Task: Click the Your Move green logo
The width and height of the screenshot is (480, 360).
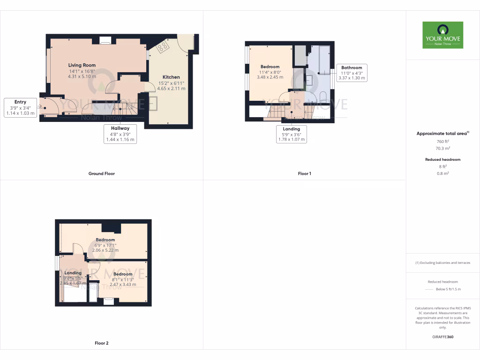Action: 442,35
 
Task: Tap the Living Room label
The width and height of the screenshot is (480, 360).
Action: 82,65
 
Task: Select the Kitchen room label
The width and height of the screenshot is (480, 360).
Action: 171,77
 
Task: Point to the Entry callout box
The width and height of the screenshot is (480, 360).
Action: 20,108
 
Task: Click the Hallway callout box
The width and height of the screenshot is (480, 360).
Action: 120,134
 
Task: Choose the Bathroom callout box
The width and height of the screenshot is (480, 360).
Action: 352,73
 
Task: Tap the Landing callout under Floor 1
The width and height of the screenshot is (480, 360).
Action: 291,134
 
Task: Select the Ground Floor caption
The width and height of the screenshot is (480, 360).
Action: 101,173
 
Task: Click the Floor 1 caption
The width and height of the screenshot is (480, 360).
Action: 304,173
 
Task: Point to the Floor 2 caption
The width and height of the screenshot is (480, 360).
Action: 101,343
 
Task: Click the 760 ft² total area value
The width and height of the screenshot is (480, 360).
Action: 443,142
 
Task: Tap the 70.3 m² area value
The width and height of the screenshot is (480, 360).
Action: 443,148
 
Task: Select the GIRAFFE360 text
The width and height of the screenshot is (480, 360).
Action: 443,337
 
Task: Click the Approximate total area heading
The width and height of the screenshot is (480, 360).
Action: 442,134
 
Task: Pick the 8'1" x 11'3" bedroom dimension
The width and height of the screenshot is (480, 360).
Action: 122,279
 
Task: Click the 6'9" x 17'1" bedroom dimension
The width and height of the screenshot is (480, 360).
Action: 105,245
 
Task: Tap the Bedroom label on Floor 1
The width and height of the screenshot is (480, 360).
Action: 270,67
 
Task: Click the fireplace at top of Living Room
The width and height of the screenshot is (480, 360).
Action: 105,40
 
